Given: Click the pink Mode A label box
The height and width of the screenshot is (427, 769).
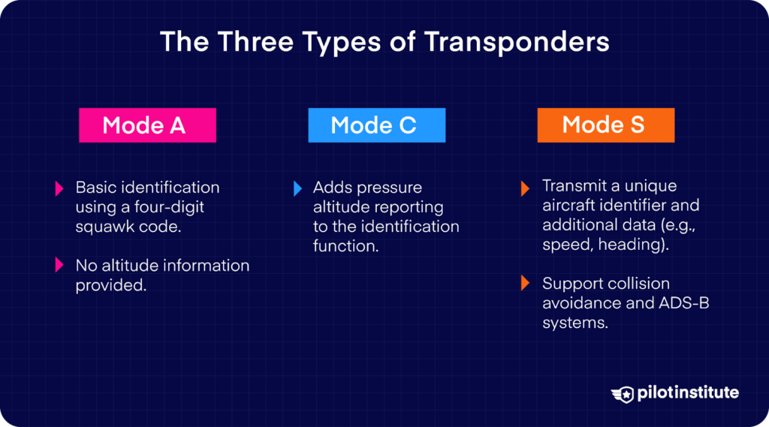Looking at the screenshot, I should pyautogui.click(x=147, y=125).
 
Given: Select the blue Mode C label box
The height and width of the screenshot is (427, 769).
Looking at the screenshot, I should pyautogui.click(x=376, y=125).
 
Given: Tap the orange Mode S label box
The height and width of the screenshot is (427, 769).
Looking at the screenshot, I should pyautogui.click(x=605, y=125).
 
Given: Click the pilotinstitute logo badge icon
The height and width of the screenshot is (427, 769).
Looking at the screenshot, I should pyautogui.click(x=623, y=393).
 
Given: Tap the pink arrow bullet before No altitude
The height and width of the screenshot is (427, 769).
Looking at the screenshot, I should pyautogui.click(x=59, y=265).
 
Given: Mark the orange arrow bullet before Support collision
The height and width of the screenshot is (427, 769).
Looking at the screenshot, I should pyautogui.click(x=526, y=284).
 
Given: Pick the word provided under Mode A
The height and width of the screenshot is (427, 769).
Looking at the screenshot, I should pyautogui.click(x=110, y=284).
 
